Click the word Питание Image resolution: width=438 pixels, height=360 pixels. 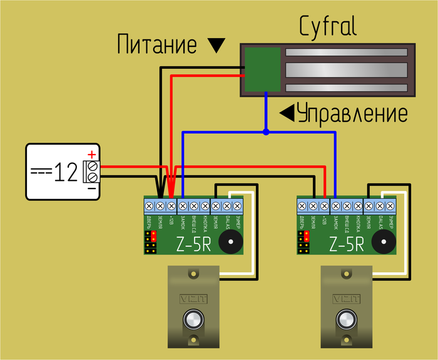[x=158, y=44]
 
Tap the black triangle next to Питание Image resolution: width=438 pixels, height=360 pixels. [x=216, y=45]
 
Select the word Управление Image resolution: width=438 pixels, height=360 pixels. [x=352, y=114]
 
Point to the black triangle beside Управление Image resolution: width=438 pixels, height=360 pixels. [x=287, y=113]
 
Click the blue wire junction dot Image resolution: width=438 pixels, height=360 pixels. [x=266, y=132]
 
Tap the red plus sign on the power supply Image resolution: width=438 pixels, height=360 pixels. [x=91, y=154]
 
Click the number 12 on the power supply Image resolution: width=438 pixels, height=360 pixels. [x=64, y=172]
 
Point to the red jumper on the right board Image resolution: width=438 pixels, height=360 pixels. [x=305, y=236]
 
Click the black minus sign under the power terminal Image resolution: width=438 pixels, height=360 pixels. [x=91, y=187]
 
